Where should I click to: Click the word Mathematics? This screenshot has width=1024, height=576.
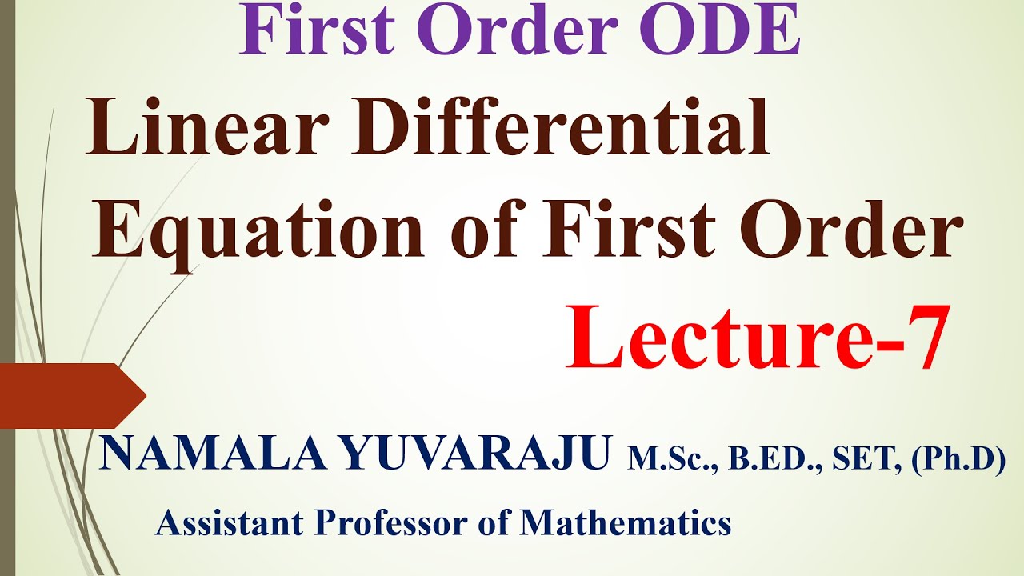pyautogui.click(x=626, y=524)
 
